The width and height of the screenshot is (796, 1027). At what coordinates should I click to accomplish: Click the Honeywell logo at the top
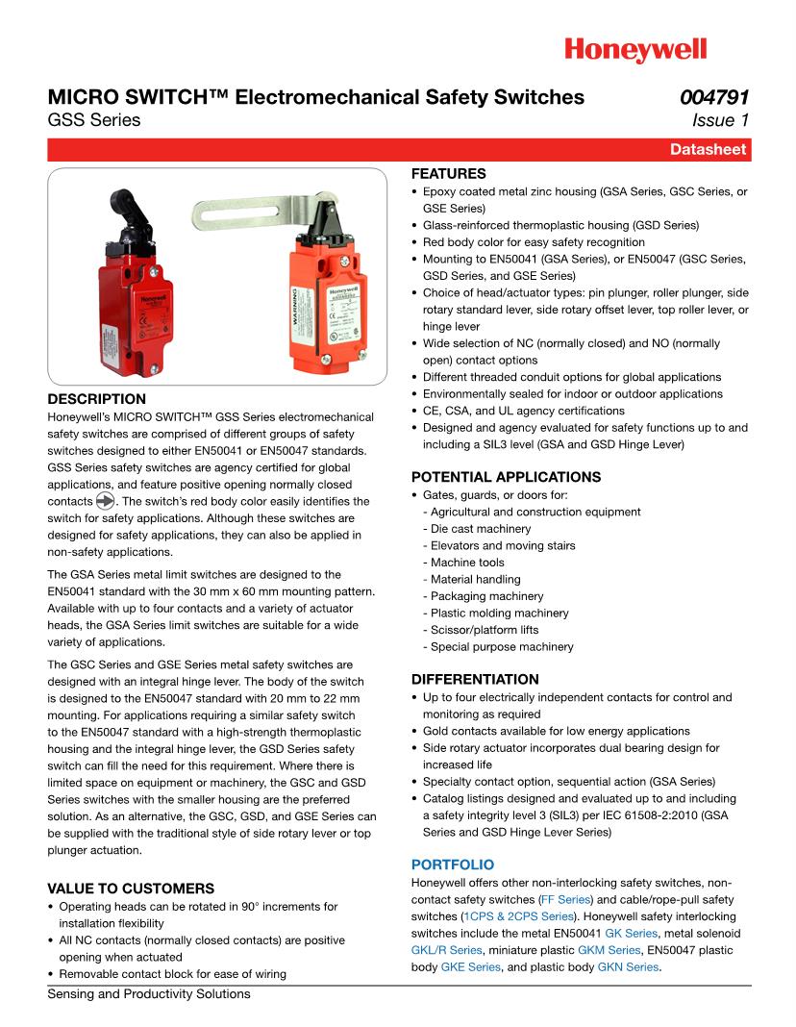point(634,50)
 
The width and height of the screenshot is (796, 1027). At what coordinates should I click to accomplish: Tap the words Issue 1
point(720,120)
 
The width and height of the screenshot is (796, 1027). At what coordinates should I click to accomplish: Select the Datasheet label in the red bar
point(709,150)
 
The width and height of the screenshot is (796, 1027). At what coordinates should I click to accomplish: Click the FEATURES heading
point(449,174)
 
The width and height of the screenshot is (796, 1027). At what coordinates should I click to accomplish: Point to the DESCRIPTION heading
point(97,399)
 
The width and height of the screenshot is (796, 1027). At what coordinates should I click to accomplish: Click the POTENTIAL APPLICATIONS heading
point(506,477)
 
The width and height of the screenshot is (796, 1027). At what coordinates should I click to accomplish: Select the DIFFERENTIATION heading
point(475,679)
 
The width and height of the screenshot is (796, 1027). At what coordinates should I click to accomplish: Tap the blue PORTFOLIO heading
point(453,865)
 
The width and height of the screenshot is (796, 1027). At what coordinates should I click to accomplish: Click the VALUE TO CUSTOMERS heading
point(131,889)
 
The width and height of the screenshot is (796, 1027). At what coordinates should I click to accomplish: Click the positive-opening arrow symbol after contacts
point(105,502)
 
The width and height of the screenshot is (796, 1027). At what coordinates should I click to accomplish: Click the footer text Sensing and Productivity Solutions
point(149,994)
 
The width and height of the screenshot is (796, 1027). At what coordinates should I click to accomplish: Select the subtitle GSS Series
point(93,120)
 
